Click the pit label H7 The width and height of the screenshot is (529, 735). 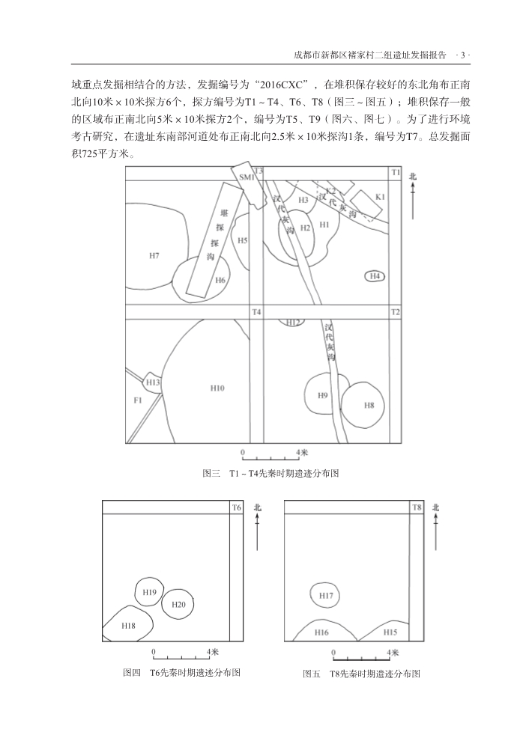[154, 256]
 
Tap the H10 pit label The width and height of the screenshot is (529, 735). [217, 388]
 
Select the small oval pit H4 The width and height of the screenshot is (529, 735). [375, 277]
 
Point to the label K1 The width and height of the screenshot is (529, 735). [379, 197]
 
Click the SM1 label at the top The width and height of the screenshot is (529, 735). [247, 177]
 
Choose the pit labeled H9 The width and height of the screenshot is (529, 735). [323, 395]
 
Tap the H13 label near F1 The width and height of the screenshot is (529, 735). [153, 382]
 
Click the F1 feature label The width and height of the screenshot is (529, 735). [137, 401]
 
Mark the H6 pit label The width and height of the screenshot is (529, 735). [220, 280]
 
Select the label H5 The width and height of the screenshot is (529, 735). [243, 240]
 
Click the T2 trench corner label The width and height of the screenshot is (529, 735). [396, 311]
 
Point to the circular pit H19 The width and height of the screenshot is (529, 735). [149, 593]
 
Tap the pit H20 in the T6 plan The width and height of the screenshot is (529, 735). [178, 604]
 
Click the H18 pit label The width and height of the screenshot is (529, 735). [128, 625]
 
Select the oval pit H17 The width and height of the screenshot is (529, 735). [326, 596]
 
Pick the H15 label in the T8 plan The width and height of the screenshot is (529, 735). [390, 632]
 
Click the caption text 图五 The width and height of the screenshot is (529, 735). [311, 674]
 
